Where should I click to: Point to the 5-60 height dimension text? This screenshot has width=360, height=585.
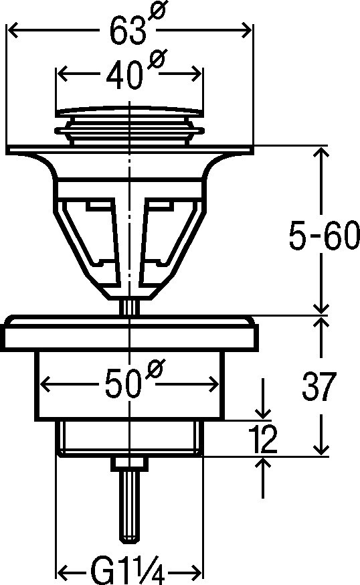pyautogui.click(x=324, y=236)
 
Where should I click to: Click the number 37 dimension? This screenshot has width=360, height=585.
pyautogui.click(x=319, y=386)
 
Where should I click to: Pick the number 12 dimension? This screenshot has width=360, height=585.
pyautogui.click(x=262, y=439)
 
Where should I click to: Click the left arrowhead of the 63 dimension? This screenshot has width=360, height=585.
pyautogui.click(x=13, y=31)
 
